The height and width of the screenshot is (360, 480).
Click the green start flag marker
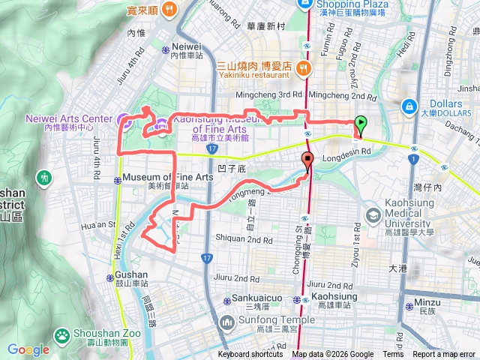pos(361,124)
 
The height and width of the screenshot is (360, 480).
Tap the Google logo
pos(28,349)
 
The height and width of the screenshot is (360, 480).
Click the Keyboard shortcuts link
pos(250,355)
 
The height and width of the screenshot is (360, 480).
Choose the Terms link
pos(393,355)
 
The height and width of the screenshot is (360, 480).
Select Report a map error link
pos(444,355)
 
